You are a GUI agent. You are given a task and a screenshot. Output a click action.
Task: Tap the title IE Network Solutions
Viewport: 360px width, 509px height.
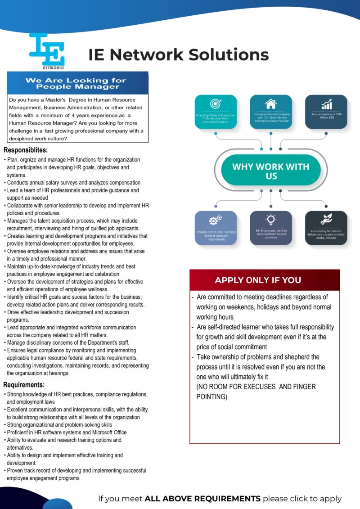pos(179,54)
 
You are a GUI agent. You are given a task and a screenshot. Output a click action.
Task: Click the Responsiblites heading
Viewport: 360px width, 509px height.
pos(26,150)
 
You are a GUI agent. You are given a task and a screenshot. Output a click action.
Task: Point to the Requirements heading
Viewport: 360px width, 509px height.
pos(24,385)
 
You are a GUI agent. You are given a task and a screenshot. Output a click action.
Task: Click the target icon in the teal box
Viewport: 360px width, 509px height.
pos(216,104)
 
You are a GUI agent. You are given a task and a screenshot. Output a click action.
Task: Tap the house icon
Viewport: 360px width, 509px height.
pos(271,104)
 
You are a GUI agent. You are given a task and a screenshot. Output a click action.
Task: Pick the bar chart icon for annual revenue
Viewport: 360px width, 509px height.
pos(326,104)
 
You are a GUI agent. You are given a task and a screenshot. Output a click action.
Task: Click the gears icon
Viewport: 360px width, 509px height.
pos(216,221)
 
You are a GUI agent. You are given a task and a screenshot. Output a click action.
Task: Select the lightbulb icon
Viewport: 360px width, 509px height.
pos(271,220)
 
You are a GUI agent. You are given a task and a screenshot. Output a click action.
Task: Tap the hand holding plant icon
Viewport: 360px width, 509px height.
pos(326,219)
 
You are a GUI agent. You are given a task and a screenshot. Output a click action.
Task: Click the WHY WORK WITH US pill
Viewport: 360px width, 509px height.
pos(271,171)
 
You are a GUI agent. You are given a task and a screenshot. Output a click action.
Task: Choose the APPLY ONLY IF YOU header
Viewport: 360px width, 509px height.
pos(258,280)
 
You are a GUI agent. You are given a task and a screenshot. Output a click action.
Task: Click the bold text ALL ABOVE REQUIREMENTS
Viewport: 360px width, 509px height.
pos(202,498)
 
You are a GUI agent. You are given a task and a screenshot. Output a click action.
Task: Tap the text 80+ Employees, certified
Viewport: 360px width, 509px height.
pos(271,230)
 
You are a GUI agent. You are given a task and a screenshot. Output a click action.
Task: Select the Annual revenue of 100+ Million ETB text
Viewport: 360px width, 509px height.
pos(326,116)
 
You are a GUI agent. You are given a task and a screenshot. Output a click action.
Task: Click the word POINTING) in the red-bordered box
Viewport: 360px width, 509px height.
pos(212,397)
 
